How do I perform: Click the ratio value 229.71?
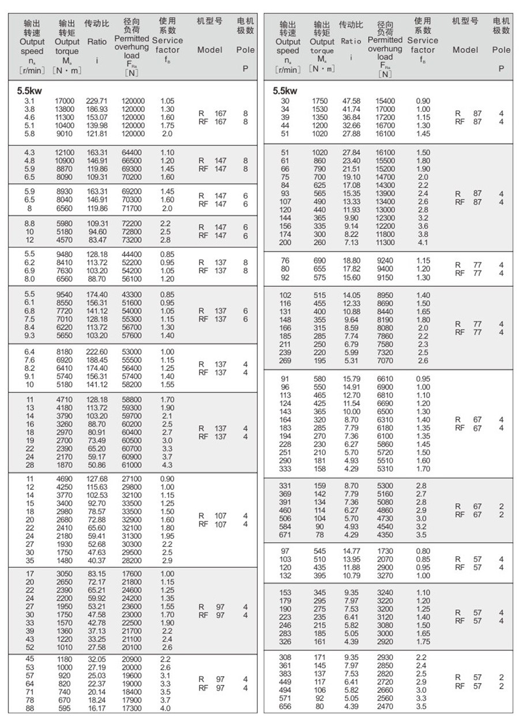pyautogui.click(x=96, y=101)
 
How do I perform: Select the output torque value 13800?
pyautogui.click(x=64, y=109)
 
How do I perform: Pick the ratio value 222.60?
pyautogui.click(x=96, y=352)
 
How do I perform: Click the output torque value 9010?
pyautogui.click(x=64, y=134)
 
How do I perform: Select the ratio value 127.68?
pyautogui.click(x=96, y=478)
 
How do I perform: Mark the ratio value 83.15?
pyautogui.click(x=96, y=573)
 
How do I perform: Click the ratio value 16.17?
pyautogui.click(x=96, y=708)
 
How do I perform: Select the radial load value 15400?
pyautogui.click(x=386, y=101)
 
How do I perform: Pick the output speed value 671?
pyautogui.click(x=285, y=535)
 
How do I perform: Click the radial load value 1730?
pyautogui.click(x=386, y=552)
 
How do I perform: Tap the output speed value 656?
pyautogui.click(x=285, y=707)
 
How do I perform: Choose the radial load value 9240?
pyautogui.click(x=386, y=261)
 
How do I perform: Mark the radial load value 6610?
pyautogui.click(x=386, y=378)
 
